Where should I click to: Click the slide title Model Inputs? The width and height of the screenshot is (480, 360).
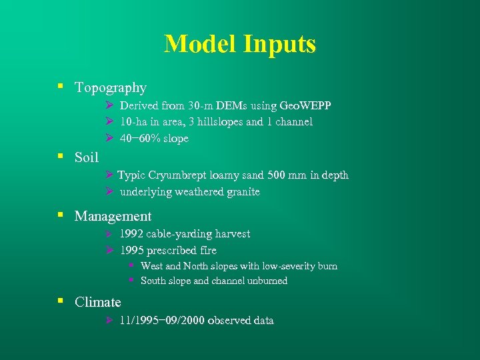tap(240, 44)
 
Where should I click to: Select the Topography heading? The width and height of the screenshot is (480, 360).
tap(111, 87)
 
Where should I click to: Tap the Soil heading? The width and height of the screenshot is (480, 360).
tap(87, 157)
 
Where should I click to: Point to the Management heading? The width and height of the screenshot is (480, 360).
tap(113, 216)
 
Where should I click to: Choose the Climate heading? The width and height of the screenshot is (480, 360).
tap(98, 302)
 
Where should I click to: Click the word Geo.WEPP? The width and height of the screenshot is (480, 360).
tap(306, 106)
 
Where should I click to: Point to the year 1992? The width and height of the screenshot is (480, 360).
tap(131, 234)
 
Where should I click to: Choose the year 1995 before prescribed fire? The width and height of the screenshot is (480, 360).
tap(131, 251)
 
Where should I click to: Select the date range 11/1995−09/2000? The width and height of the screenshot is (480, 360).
tap(162, 321)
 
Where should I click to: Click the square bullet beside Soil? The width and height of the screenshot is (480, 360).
tap(60, 157)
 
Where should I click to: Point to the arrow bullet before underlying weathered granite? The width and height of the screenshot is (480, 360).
tap(110, 192)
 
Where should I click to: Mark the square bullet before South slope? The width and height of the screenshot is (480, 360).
tap(132, 281)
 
